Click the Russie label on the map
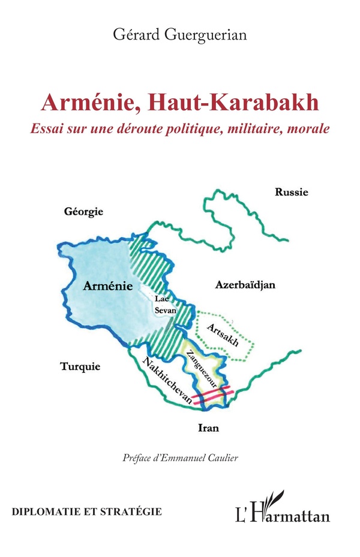[291, 192]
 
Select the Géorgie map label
[84, 212]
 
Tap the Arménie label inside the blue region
[108, 287]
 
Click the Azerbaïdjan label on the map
[245, 285]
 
